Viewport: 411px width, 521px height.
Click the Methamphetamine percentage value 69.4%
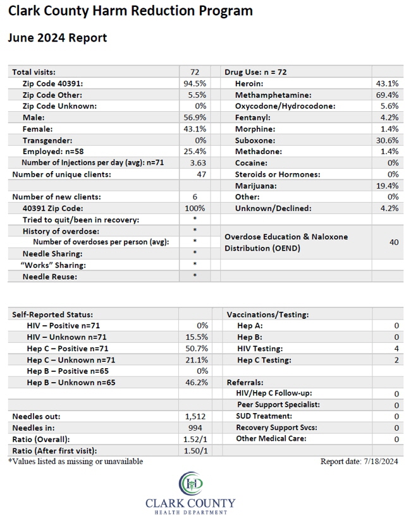coord(387,95)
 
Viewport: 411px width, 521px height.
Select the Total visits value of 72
coord(195,72)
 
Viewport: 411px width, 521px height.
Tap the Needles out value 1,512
coord(195,417)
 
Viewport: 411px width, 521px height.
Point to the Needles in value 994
coord(195,428)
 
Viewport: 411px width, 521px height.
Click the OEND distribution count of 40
coord(394,243)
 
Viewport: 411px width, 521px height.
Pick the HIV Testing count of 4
coord(396,349)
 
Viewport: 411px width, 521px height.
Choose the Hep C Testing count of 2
coord(396,360)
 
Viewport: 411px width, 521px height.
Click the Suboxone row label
coord(255,141)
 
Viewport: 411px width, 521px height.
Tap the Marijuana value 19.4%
coord(388,186)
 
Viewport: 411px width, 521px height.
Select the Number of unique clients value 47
coord(201,174)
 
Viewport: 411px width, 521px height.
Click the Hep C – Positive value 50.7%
coord(197,349)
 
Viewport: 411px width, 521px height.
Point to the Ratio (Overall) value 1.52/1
coord(195,440)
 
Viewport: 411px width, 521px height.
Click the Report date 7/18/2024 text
coord(359,462)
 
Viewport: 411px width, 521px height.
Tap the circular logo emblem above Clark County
coord(191,483)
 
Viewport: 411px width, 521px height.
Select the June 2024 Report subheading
coord(58,38)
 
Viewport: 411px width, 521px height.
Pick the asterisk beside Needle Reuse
coord(195,275)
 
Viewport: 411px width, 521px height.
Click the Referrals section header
coord(245,383)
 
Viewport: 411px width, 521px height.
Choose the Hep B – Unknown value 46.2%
coord(197,383)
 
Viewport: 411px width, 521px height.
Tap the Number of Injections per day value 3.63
coord(198,163)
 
